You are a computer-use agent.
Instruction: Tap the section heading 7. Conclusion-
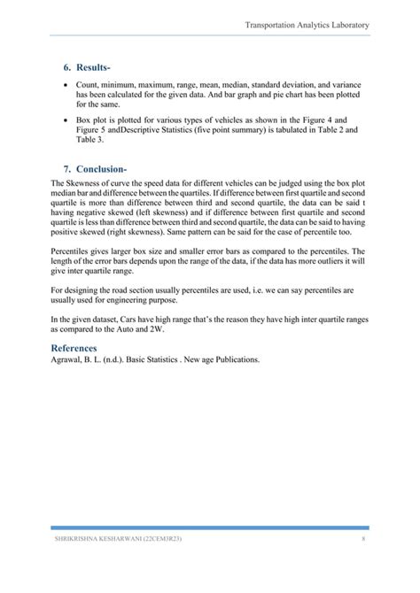[95, 168]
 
